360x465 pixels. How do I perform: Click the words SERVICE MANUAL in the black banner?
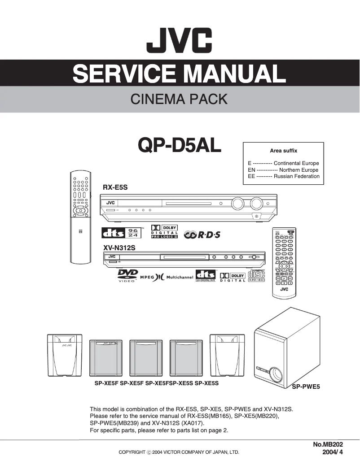pos(180,73)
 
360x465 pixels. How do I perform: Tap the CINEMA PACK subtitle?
pos(179,99)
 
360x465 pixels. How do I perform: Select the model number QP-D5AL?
pos(180,145)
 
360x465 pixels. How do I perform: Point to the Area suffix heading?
pos(283,151)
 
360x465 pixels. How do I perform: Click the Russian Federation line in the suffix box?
pos(283,176)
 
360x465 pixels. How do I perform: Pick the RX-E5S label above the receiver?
pos(115,188)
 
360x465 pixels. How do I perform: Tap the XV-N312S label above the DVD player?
pos(119,248)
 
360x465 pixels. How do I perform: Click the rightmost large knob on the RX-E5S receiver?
pos(256,204)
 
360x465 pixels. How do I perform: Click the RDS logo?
pos(203,235)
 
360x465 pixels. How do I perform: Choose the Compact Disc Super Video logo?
pos(256,275)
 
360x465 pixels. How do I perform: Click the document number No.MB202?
pos(328,444)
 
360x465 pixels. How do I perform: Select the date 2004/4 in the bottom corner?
pos(333,452)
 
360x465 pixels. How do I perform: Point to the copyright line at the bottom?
pos(179,452)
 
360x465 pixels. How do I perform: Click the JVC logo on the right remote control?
pos(284,289)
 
